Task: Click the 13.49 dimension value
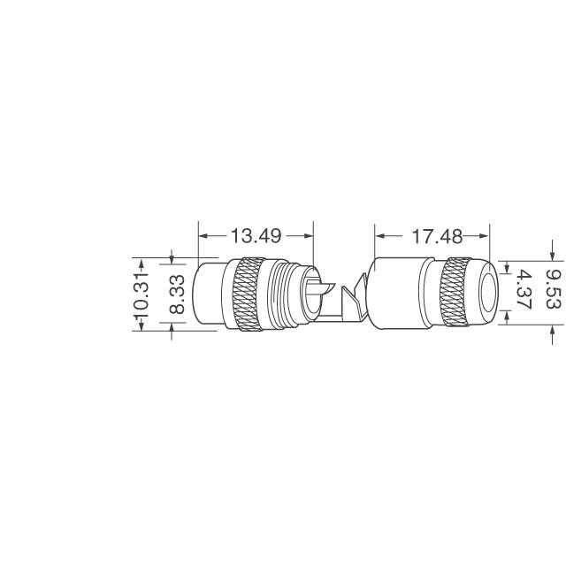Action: click(x=256, y=236)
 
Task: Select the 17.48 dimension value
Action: click(x=437, y=236)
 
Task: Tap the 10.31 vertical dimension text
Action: click(x=141, y=296)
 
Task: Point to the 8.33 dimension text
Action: click(x=177, y=294)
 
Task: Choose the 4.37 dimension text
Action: click(x=524, y=290)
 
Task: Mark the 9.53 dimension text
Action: click(x=555, y=290)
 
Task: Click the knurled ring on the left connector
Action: click(x=249, y=294)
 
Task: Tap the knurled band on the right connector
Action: click(x=455, y=292)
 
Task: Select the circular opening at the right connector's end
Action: click(x=489, y=292)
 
